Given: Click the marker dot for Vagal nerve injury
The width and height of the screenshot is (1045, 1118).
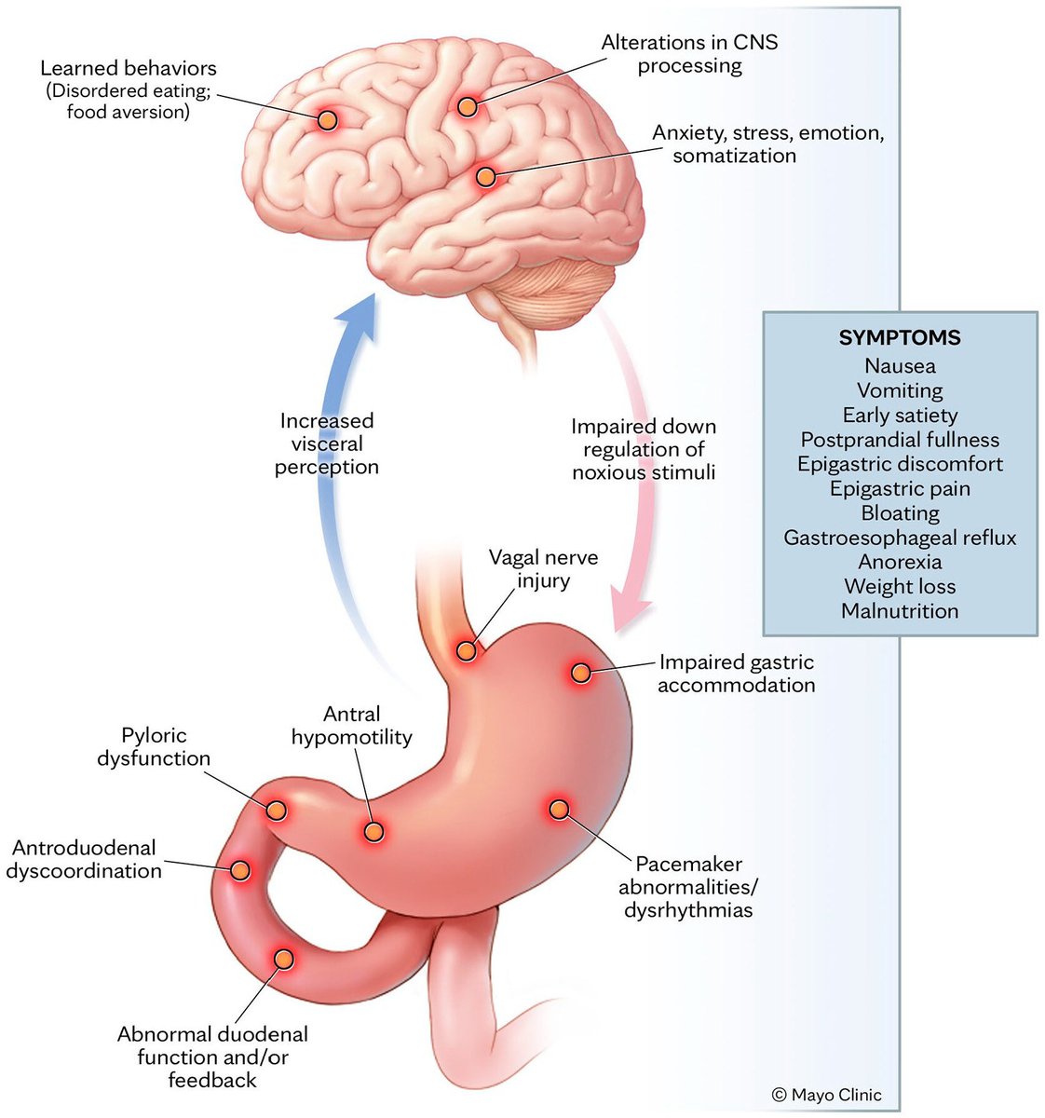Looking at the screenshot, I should (466, 650).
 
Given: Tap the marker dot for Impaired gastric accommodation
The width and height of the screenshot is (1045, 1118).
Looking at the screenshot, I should (580, 673).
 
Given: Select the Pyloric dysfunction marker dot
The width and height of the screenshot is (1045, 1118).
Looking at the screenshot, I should (276, 810).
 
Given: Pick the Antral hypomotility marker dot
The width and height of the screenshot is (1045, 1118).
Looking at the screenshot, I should (373, 832).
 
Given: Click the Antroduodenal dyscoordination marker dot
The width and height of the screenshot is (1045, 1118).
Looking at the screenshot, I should (239, 870).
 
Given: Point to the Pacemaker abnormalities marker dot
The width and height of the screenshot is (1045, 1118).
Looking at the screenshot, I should (558, 809).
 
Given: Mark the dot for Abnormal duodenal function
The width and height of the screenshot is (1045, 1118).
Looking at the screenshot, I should (283, 959).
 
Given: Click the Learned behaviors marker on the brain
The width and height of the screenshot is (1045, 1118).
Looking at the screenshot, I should (327, 119).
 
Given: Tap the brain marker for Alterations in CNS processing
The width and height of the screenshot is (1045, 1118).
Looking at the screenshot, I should (468, 106).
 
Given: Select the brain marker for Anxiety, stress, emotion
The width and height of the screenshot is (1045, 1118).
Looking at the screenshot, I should (484, 176).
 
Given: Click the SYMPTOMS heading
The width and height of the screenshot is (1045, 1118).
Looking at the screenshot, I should (900, 338).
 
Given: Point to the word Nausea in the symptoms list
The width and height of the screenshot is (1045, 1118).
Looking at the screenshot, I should (900, 366).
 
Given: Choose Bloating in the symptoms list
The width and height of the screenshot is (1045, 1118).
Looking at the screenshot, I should (900, 513).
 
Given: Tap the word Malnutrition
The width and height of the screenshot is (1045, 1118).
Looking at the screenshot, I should (900, 611).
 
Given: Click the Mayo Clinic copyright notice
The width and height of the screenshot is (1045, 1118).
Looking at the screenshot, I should (826, 1095).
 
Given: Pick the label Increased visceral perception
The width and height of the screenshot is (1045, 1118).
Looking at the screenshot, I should (326, 443).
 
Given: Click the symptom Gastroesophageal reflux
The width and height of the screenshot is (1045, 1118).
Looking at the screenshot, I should (900, 538).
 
